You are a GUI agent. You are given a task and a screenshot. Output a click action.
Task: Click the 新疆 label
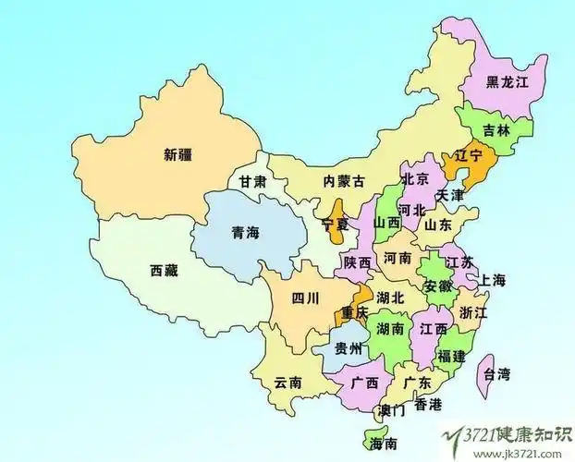point(178,154)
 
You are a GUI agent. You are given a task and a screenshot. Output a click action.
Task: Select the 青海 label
point(245,233)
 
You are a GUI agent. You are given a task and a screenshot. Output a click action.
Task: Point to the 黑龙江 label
point(508,82)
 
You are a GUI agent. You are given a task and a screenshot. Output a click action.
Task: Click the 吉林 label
point(497,130)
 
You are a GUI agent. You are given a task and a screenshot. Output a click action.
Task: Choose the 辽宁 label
point(466,157)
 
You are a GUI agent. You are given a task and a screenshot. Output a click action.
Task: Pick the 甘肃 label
point(253,182)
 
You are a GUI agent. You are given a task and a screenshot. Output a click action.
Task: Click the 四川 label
point(305,298)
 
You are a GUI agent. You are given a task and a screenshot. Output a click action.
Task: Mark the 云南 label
point(289,381)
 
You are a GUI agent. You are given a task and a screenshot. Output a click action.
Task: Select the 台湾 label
point(496,374)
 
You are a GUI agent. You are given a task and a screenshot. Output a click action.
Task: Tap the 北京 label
point(416,178)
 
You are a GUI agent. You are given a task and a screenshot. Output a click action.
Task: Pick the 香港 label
point(428,404)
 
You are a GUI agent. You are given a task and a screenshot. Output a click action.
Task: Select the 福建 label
point(452,355)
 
